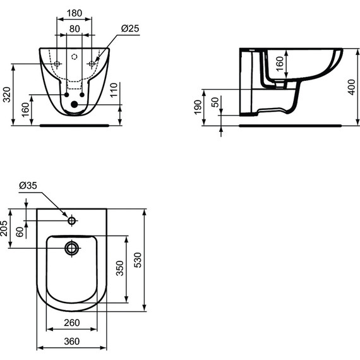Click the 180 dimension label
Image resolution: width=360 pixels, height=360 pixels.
pyautogui.click(x=74, y=13)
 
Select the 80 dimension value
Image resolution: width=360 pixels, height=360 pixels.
pyautogui.click(x=74, y=28)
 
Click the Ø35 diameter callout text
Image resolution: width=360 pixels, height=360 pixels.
pyautogui.click(x=28, y=185)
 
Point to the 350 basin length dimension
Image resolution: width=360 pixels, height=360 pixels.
pyautogui.click(x=119, y=268)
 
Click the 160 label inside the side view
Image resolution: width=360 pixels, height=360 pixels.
pyautogui.click(x=279, y=64)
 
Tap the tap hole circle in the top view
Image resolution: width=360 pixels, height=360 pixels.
pyautogui.click(x=72, y=221)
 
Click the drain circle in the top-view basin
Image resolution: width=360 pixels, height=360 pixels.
pyautogui.click(x=72, y=247)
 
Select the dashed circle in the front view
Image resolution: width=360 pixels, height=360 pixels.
pyautogui.click(x=75, y=57)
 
